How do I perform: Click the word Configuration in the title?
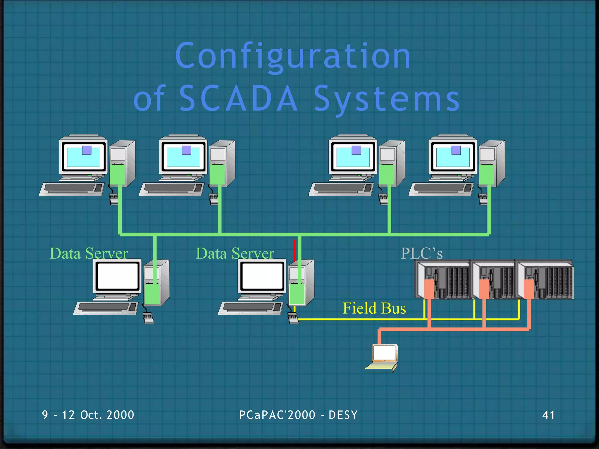[x=293, y=56]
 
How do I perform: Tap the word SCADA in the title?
[x=238, y=98]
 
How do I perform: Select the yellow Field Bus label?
[x=374, y=308]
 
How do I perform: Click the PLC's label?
[x=421, y=253]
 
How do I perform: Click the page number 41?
[x=548, y=415]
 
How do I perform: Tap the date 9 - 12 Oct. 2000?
[x=88, y=415]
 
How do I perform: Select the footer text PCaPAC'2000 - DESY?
[x=298, y=415]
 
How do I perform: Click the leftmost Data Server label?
[x=89, y=253]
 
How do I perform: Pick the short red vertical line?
[x=294, y=250]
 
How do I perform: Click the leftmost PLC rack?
[x=443, y=280]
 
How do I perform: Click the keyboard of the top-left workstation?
[x=72, y=189]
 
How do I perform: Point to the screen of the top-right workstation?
[x=452, y=157]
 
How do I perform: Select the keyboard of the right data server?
[x=250, y=308]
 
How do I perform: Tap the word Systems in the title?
[x=387, y=99]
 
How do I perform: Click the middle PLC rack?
[x=494, y=280]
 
